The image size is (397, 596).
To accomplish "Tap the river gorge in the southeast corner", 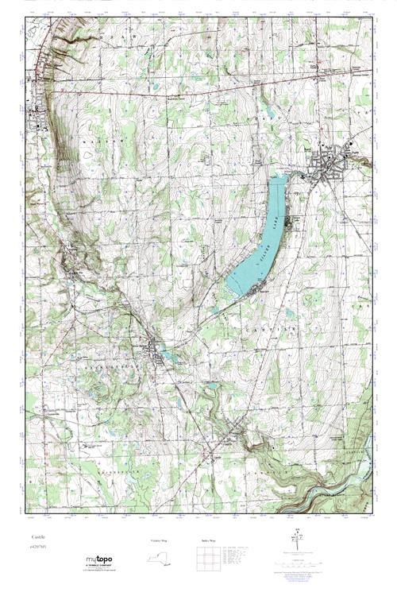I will coord(333,477).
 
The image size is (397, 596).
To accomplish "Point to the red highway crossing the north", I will coord(198,89).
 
